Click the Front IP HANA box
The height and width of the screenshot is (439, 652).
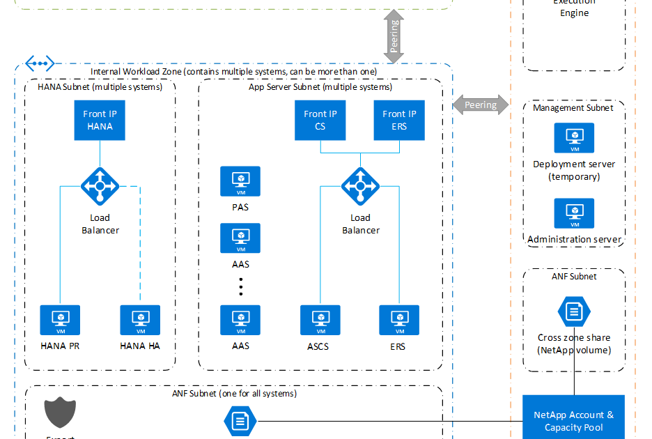coord(100,121)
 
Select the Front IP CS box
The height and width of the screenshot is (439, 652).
coord(320,121)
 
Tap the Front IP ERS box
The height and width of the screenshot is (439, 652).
coord(399,121)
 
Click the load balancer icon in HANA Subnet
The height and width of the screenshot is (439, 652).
coord(100,186)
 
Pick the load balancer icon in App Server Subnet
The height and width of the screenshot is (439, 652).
coord(360,186)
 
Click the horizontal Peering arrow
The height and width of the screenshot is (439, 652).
coord(481,105)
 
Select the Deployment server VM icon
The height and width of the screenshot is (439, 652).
coord(574,139)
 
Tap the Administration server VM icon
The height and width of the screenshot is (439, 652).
coord(574,214)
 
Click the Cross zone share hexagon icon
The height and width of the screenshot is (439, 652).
coord(574,311)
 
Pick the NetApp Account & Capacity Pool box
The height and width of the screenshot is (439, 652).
coord(574,420)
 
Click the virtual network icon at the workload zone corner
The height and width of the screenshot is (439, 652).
coord(40,63)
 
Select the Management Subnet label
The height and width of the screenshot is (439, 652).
coord(573,108)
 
